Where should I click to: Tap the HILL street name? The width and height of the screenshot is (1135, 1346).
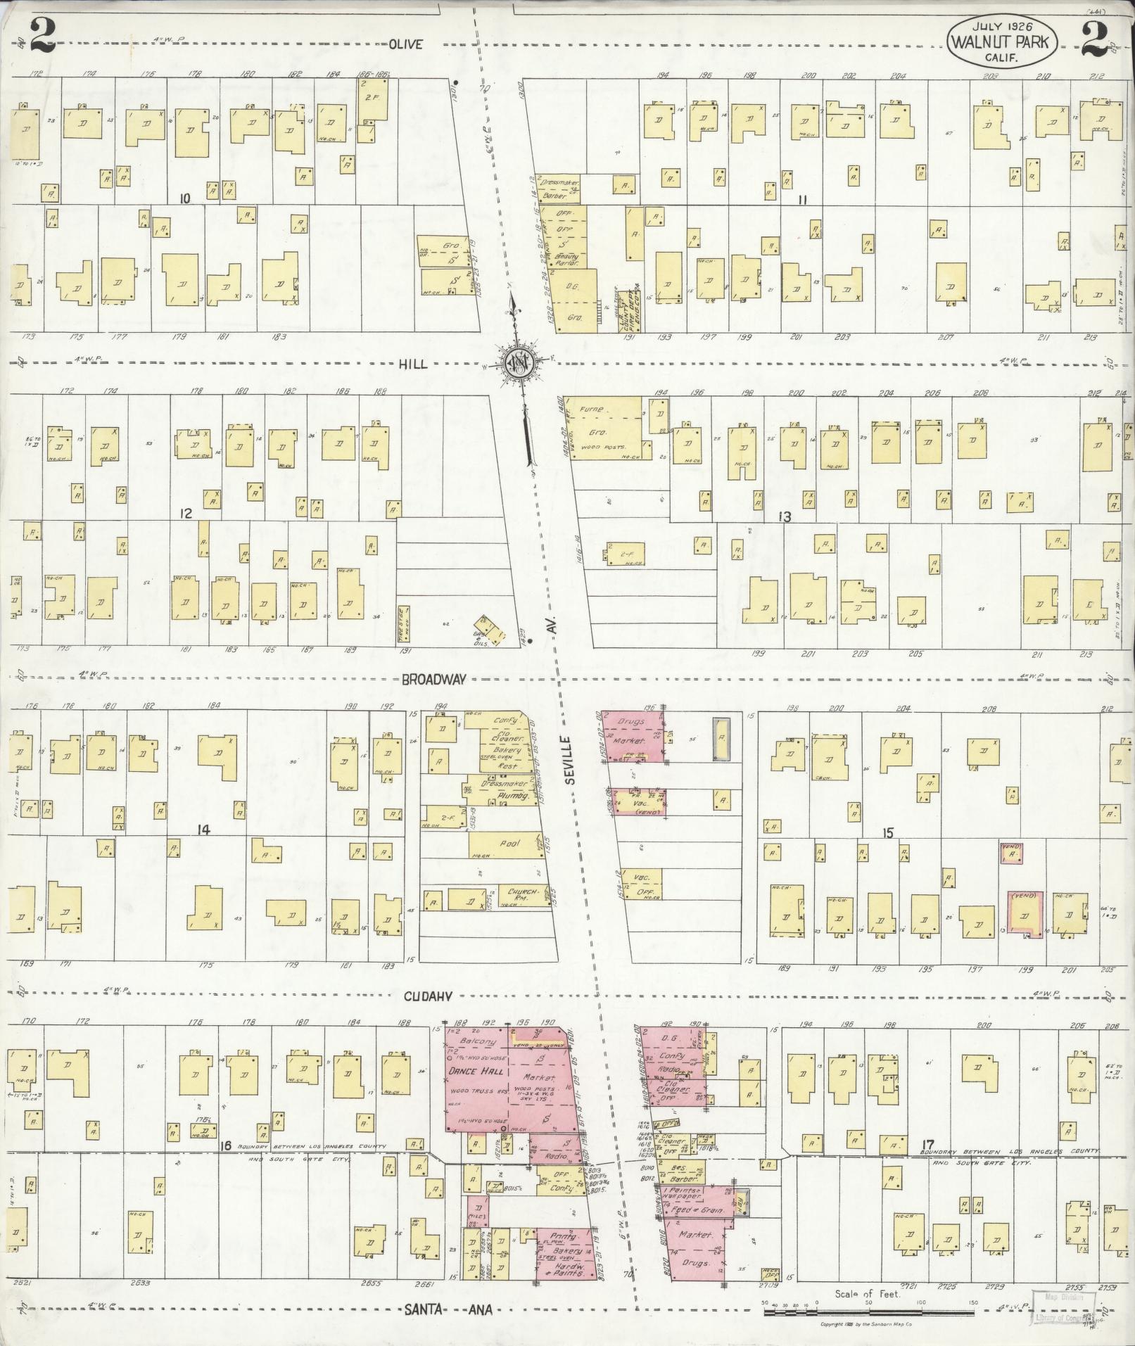[415, 363]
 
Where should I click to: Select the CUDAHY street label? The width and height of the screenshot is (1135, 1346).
[427, 996]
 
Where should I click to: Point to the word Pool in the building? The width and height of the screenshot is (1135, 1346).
[509, 842]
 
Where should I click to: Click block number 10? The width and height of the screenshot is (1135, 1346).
[184, 199]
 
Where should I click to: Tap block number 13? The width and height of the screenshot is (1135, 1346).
[785, 517]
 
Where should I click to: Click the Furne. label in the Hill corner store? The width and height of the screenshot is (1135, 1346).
[591, 409]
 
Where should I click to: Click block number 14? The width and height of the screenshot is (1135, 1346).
[203, 830]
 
